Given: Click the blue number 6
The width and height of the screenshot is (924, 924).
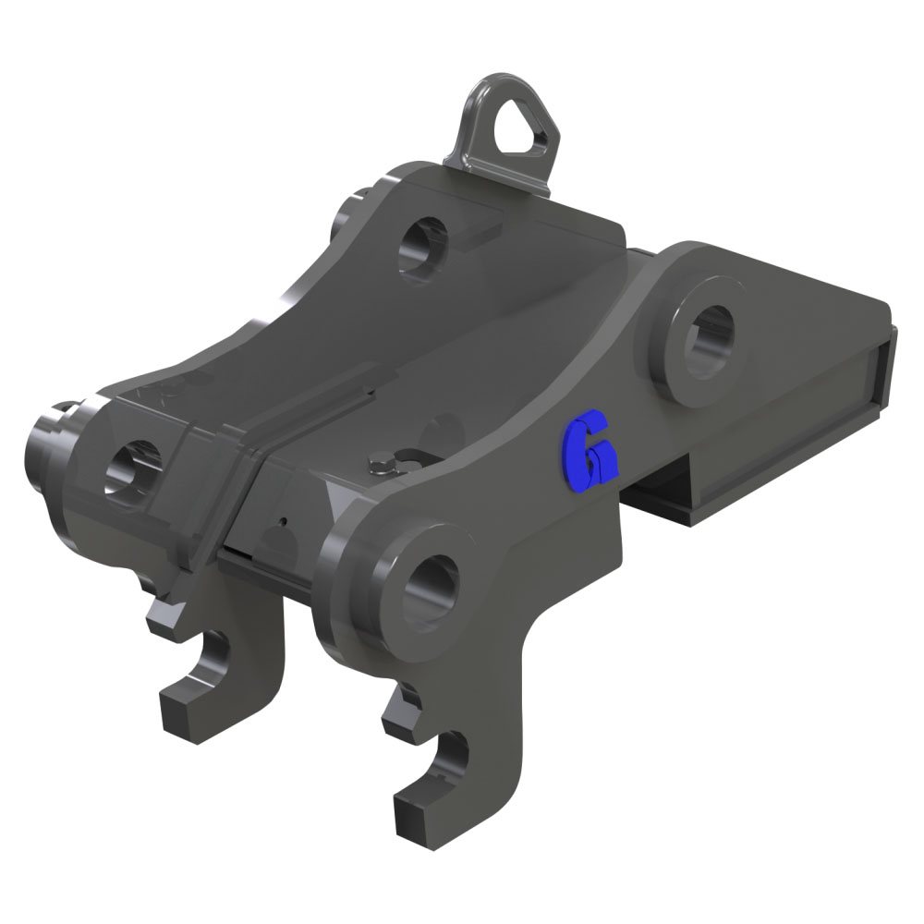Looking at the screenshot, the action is click(590, 452).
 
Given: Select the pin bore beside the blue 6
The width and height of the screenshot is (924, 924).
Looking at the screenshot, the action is click(712, 342).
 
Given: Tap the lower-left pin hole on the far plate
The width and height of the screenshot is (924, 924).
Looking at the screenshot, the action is click(132, 469).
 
